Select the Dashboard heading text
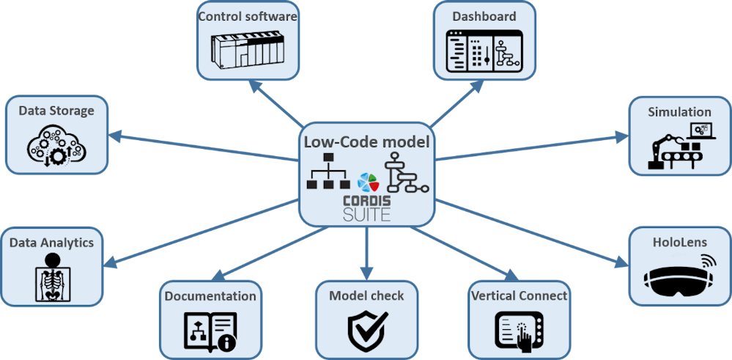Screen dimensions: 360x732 point(484,15)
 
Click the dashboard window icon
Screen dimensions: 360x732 point(484,50)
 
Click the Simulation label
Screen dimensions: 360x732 point(679,111)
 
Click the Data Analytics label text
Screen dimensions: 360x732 point(51,241)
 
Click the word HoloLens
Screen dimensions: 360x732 point(680,241)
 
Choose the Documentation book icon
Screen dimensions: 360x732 point(210,331)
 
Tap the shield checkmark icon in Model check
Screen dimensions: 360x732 point(366,330)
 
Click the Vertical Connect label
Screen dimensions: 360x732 point(519,295)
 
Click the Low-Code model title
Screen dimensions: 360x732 point(366,142)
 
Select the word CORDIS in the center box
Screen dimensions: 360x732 point(366,200)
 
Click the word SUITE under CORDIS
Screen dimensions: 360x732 point(366,215)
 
